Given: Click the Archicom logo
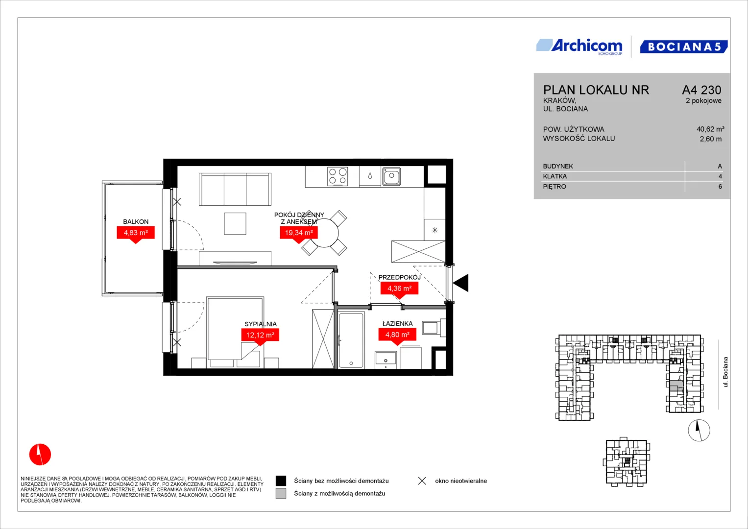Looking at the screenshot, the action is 579,47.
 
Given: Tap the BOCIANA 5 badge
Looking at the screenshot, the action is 684,47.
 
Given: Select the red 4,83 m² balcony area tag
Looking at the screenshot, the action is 136,234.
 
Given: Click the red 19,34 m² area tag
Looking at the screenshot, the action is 298,234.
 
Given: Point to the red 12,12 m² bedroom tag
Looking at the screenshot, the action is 260,336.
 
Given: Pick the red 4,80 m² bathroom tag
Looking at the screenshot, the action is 397,335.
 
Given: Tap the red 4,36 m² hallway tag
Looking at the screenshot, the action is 399,289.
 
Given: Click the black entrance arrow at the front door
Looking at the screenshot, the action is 461,283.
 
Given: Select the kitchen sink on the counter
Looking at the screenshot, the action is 391,176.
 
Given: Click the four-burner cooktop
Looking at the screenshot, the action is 338,176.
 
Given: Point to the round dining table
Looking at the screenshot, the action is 324,233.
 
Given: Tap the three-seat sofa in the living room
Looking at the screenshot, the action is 235,189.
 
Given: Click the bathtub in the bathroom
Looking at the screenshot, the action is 351,340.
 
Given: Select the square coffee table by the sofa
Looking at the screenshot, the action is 235,223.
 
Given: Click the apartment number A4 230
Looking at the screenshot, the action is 701,90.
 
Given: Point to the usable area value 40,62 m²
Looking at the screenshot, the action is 710,129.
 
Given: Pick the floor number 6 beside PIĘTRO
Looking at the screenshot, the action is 720,187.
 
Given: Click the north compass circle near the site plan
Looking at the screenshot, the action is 699,430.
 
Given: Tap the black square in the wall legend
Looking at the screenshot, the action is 281,481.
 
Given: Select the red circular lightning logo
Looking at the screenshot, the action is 40,454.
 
